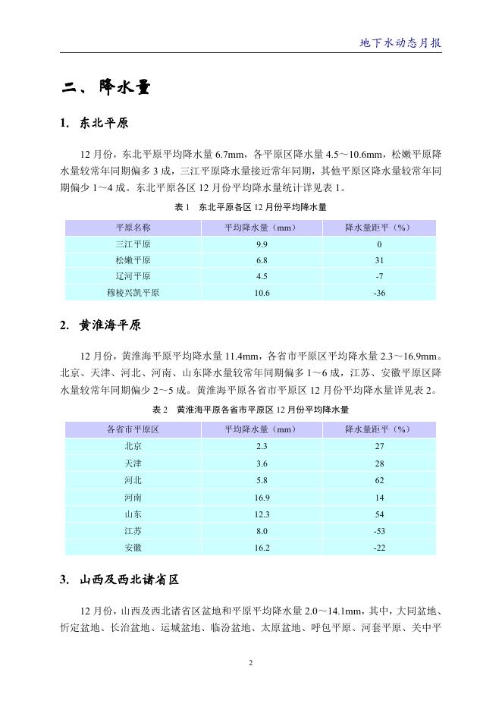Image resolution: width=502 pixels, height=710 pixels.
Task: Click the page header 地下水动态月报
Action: click(x=400, y=43)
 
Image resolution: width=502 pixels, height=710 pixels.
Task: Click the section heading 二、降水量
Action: click(x=105, y=89)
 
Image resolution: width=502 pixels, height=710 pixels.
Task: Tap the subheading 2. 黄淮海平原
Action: click(x=100, y=325)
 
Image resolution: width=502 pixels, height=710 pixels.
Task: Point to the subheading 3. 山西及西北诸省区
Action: click(x=119, y=580)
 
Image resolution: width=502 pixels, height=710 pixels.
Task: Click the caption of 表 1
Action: click(x=250, y=206)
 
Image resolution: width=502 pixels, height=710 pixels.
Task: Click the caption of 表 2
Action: click(x=250, y=409)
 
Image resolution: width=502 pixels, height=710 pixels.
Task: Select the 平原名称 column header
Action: click(x=133, y=228)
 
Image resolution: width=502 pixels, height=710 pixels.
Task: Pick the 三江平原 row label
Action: click(x=133, y=244)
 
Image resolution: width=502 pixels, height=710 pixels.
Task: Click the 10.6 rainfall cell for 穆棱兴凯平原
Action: click(x=262, y=293)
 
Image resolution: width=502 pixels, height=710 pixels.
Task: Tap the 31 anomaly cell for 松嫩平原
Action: click(x=379, y=260)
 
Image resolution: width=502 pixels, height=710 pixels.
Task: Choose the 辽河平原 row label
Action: click(x=133, y=276)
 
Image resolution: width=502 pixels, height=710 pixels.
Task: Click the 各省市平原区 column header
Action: click(x=133, y=429)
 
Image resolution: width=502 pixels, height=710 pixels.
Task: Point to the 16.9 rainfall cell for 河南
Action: click(x=262, y=498)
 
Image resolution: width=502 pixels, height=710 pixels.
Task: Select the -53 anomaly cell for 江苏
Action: click(x=379, y=531)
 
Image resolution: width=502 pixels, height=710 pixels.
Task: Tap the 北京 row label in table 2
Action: click(x=133, y=446)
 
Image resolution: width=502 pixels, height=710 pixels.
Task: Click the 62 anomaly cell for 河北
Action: click(x=379, y=480)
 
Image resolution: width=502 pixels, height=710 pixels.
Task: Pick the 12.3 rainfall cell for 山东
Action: click(x=262, y=514)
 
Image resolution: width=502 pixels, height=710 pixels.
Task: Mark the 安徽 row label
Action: click(x=133, y=547)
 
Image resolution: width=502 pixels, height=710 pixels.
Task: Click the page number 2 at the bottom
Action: click(x=250, y=663)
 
